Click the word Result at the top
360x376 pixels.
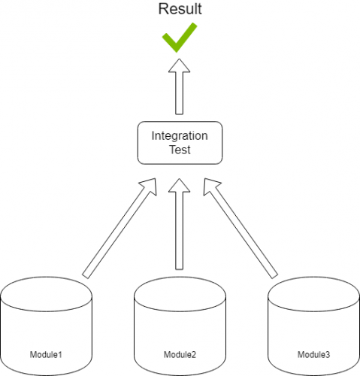tap(180, 9)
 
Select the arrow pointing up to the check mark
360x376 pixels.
tap(179, 86)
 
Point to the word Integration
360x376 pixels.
tap(180, 136)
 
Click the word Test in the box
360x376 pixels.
tap(180, 150)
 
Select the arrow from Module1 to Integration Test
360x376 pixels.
tap(119, 228)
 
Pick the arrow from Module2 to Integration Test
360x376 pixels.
tap(179, 224)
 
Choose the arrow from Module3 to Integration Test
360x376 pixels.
tap(241, 228)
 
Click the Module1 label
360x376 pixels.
tap(46, 354)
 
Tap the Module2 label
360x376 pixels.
tap(180, 354)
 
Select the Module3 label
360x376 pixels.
tap(313, 354)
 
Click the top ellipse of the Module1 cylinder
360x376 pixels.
tap(46, 311)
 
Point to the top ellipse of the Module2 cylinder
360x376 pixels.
tap(180, 311)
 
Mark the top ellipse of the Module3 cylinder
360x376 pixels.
tap(313, 311)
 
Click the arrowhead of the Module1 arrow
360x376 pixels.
tap(150, 186)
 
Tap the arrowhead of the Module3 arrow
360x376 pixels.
tap(210, 186)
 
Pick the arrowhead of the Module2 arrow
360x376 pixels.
tap(179, 186)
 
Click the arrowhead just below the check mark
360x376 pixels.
tap(179, 66)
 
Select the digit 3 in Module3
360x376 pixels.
tap(328, 354)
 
